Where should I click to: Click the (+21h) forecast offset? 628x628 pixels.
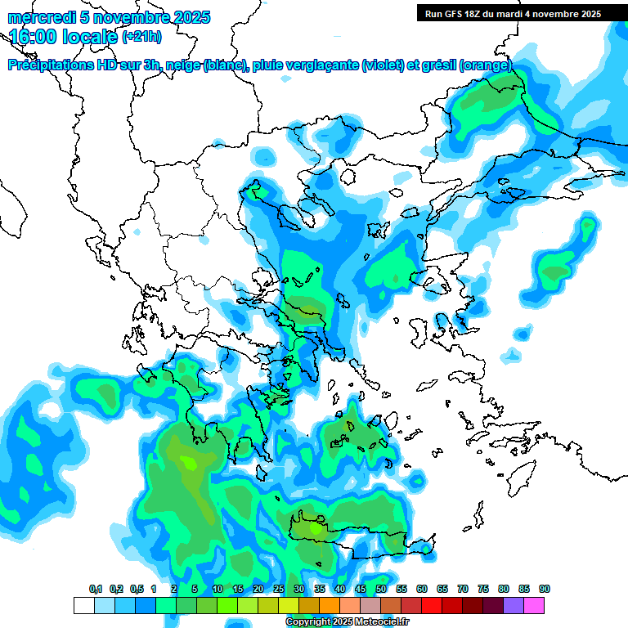[x=141, y=37]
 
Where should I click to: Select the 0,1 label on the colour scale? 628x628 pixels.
[x=96, y=589]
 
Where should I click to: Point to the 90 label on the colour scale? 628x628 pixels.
[x=545, y=589]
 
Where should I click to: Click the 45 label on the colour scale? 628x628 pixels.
[x=361, y=589]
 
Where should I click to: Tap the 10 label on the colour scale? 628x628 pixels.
[x=218, y=589]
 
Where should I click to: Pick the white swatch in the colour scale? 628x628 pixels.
[x=84, y=605]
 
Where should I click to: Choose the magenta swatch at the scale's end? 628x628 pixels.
[x=535, y=605]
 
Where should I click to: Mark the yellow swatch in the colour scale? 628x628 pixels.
[x=289, y=605]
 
